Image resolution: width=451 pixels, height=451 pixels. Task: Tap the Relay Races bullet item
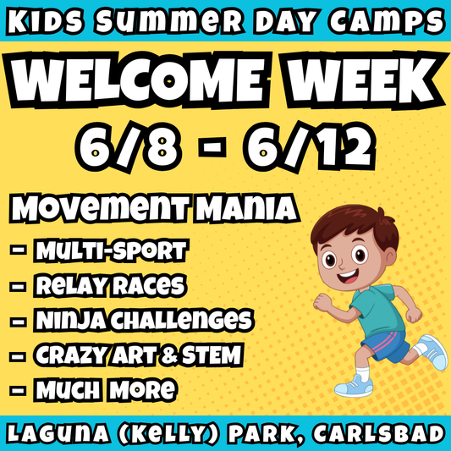click(x=109, y=285)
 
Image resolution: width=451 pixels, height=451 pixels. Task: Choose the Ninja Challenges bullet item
click(x=142, y=320)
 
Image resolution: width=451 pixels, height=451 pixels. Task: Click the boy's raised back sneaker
click(x=432, y=351)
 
